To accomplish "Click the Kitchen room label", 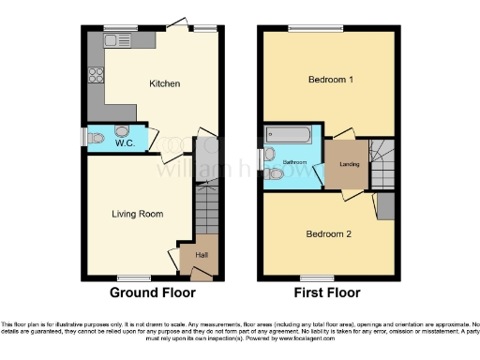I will pyautogui.click(x=165, y=83).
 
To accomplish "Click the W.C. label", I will pyautogui.click(x=126, y=144).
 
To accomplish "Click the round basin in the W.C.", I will pyautogui.click(x=121, y=131).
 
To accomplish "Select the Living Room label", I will pyautogui.click(x=138, y=214).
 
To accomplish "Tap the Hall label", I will pyautogui.click(x=202, y=255).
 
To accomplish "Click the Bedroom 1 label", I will pyautogui.click(x=331, y=80).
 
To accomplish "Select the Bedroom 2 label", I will pyautogui.click(x=329, y=232).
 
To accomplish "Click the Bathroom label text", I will pyautogui.click(x=298, y=161).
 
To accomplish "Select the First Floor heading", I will pyautogui.click(x=328, y=292).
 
